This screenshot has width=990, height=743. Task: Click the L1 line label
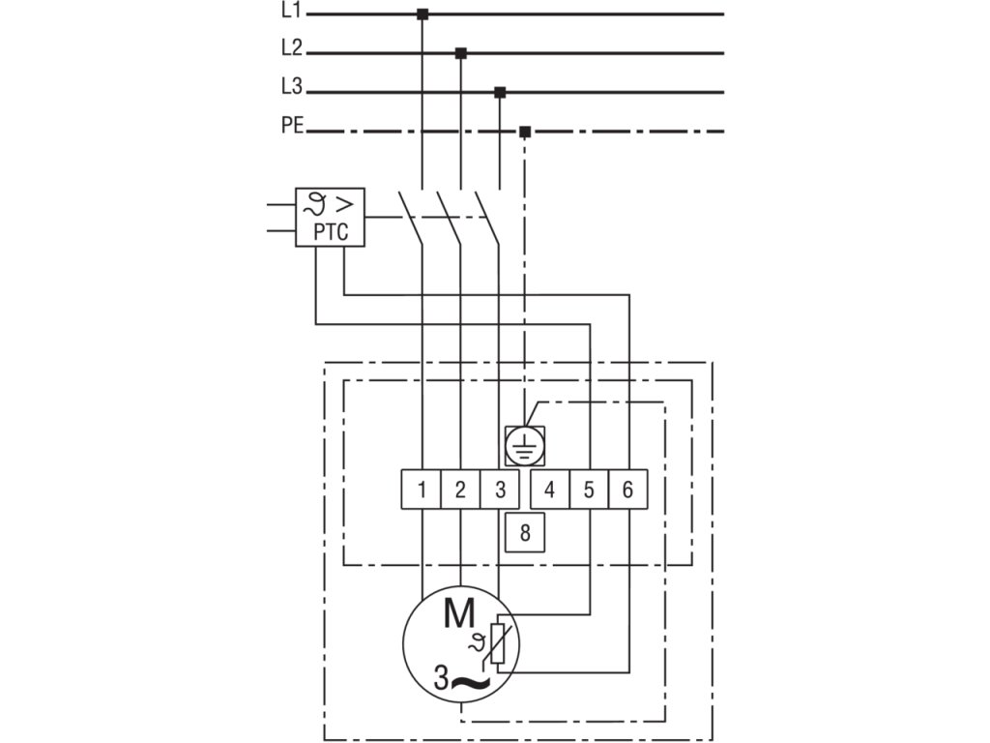(x=291, y=11)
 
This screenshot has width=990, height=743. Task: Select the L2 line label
(x=292, y=47)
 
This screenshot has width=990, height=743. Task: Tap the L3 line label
(x=292, y=86)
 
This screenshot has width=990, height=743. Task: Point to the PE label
(x=292, y=125)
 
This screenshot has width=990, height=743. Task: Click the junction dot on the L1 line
(x=422, y=14)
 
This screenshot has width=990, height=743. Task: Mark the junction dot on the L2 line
(x=461, y=53)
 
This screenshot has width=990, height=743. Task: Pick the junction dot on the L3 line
(x=500, y=92)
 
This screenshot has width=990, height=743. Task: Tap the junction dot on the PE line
(x=525, y=132)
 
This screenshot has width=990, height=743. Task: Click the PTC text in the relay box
(x=331, y=232)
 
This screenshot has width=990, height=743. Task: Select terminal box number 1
(x=422, y=489)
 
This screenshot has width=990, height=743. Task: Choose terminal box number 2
(x=460, y=489)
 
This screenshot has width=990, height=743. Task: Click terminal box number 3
(x=500, y=489)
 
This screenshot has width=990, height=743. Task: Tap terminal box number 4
(x=550, y=489)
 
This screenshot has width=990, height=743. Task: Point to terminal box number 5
(x=589, y=489)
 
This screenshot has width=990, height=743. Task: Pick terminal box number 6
(x=628, y=489)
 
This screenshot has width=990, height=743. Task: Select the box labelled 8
(x=525, y=533)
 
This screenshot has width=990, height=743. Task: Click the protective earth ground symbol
(x=525, y=445)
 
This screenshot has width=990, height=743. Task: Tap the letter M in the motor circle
(x=459, y=611)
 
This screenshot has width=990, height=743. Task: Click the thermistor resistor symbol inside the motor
(x=498, y=643)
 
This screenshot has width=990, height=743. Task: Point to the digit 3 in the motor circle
(x=441, y=678)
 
